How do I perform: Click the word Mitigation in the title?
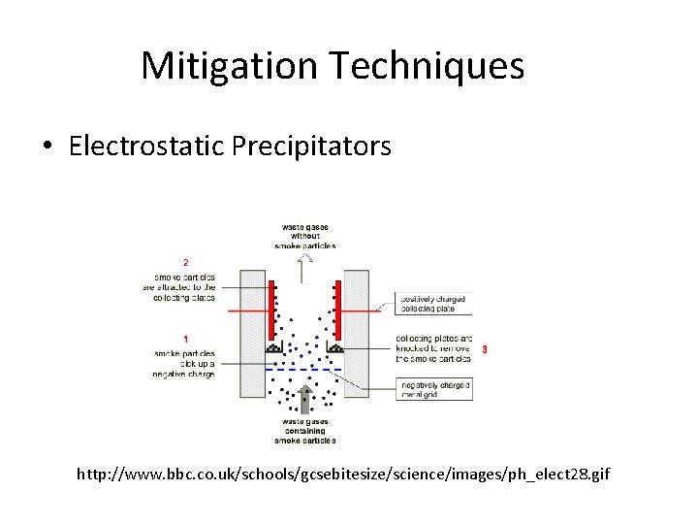pyautogui.click(x=229, y=66)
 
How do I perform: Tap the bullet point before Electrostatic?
pyautogui.click(x=48, y=147)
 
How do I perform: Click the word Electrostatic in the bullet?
pyautogui.click(x=147, y=147)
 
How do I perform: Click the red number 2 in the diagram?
pyautogui.click(x=185, y=262)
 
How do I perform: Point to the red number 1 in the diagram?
pyautogui.click(x=185, y=339)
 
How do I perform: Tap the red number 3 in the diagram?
pyautogui.click(x=484, y=348)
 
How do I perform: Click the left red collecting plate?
pyautogui.click(x=272, y=311)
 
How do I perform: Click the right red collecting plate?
pyautogui.click(x=337, y=311)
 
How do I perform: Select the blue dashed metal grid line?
pyautogui.click(x=304, y=370)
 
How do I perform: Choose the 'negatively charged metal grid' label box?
pyautogui.click(x=433, y=388)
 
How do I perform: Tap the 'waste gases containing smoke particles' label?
pyautogui.click(x=305, y=432)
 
